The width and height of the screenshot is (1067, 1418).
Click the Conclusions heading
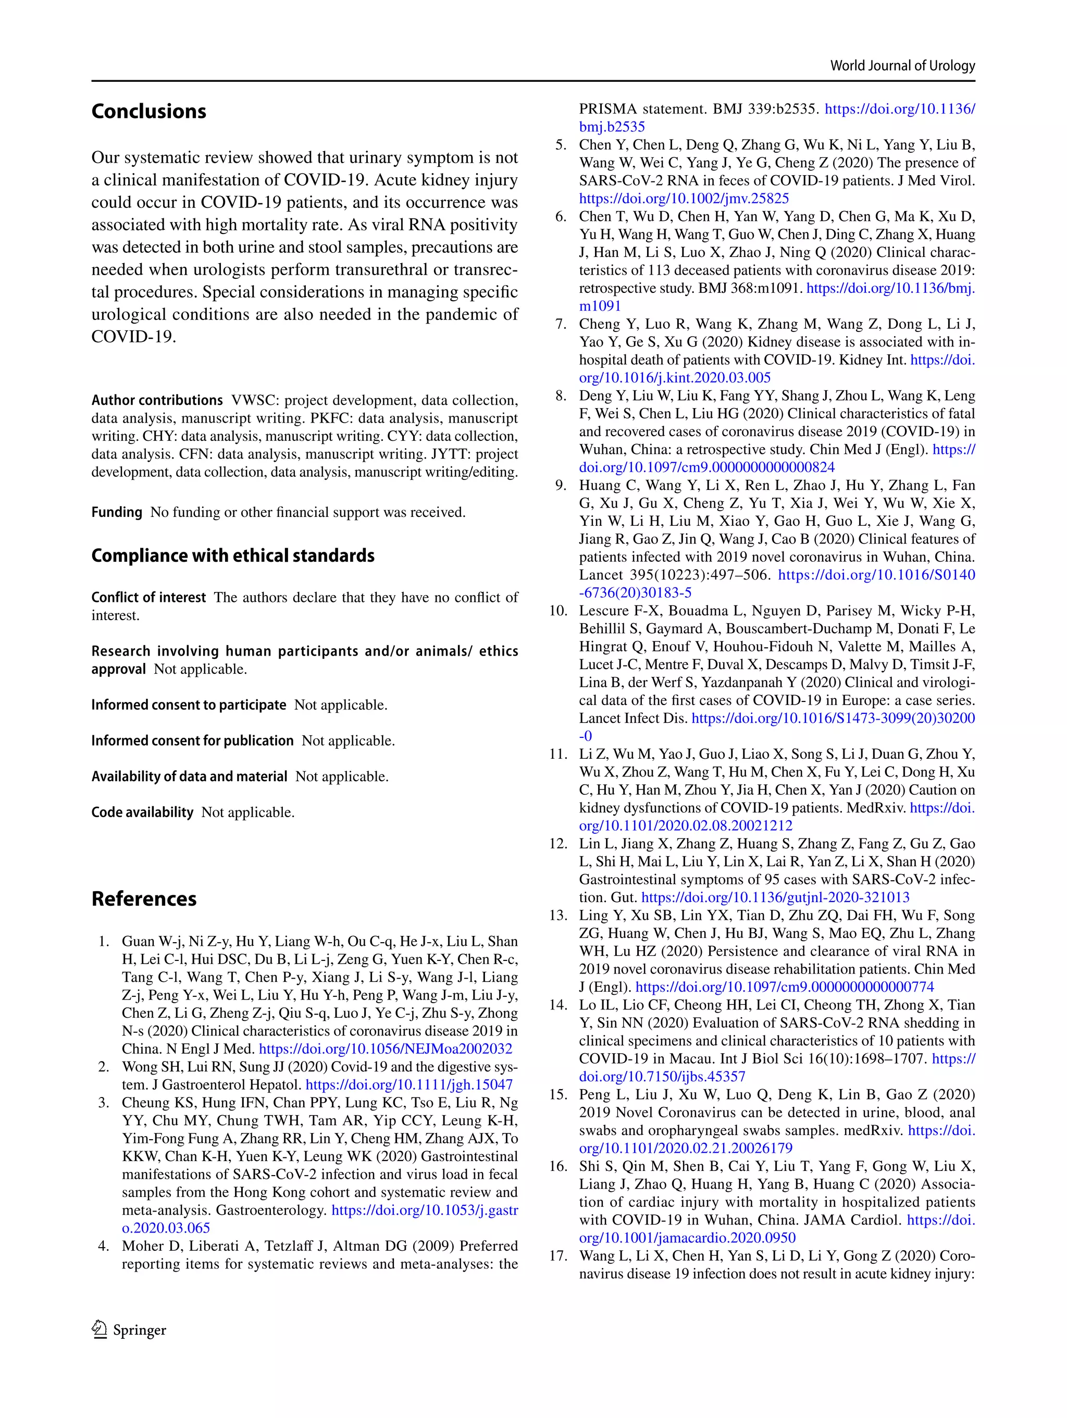[148, 112]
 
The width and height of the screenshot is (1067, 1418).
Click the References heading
[144, 899]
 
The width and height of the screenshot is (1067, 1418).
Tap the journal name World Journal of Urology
[902, 65]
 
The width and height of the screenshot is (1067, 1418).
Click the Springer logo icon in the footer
[100, 1329]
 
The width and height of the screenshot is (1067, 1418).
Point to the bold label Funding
[117, 512]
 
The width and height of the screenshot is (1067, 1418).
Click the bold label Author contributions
[157, 400]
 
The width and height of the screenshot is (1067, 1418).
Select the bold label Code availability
[142, 812]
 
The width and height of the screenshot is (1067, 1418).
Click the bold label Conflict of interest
[148, 597]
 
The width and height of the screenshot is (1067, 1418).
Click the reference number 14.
[558, 1005]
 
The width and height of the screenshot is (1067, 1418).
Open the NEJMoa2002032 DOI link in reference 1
[385, 1049]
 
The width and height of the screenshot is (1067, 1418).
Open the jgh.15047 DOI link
[409, 1084]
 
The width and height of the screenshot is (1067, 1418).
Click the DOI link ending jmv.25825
[684, 199]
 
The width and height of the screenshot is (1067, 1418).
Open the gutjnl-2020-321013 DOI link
[775, 897]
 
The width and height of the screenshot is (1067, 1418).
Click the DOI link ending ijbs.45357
[662, 1076]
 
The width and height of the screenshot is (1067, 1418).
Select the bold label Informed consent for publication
[192, 741]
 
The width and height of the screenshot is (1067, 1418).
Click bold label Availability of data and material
[189, 776]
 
